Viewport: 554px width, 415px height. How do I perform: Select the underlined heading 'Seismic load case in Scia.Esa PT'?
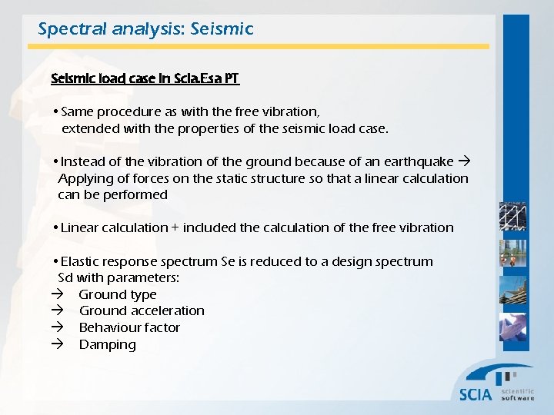145,78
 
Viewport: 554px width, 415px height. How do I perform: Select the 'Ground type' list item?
117,294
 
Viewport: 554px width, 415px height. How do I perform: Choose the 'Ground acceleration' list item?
142,310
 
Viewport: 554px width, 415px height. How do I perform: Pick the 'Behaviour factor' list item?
129,327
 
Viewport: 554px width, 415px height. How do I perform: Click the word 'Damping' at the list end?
107,344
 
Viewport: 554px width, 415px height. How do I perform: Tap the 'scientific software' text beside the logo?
517,394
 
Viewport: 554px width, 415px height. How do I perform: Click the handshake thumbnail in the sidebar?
513,327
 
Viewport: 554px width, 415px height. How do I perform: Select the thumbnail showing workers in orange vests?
513,254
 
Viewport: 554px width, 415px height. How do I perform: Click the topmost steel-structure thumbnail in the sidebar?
513,217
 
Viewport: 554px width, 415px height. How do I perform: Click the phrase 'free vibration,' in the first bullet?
280,112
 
